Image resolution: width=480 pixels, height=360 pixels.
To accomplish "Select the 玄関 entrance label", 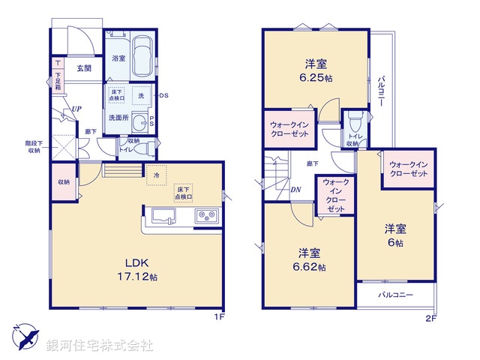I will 84,68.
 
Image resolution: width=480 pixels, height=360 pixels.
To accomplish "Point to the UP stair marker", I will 76,109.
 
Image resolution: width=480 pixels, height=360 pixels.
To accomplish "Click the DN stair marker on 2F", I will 296,189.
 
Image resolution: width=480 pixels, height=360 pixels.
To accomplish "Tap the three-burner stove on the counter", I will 206,216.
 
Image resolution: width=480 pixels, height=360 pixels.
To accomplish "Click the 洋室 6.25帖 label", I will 315,70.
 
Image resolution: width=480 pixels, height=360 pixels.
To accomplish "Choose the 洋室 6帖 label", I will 395,235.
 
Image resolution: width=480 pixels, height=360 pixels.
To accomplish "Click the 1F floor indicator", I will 219,317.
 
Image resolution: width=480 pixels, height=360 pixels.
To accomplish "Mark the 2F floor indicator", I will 430,317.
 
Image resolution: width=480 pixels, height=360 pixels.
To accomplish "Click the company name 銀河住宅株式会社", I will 99,346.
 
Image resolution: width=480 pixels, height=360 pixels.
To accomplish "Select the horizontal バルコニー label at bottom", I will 395,295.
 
